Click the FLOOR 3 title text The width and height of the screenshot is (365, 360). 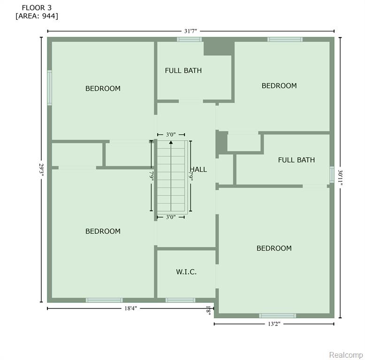click(x=37, y=7)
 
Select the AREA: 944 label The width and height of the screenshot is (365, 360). click(x=37, y=16)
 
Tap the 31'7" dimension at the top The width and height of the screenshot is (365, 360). click(x=190, y=31)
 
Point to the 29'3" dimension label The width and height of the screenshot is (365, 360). click(x=41, y=170)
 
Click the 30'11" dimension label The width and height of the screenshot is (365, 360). click(x=340, y=178)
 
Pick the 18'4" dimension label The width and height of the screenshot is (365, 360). click(x=130, y=308)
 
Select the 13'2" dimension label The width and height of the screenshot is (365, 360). click(x=274, y=324)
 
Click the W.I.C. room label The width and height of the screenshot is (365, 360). click(x=186, y=271)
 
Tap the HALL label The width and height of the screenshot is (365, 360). click(x=198, y=170)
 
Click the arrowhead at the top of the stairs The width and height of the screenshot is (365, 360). click(x=171, y=142)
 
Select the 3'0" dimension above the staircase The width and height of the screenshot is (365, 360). click(x=171, y=135)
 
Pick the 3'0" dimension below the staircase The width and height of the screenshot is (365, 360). click(x=171, y=217)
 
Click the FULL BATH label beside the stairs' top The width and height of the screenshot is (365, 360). click(x=183, y=70)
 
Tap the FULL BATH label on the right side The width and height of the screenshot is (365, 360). click(x=297, y=160)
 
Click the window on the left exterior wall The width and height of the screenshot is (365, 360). click(x=50, y=88)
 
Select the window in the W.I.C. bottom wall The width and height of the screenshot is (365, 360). click(x=181, y=300)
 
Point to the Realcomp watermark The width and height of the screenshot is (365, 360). click(x=346, y=355)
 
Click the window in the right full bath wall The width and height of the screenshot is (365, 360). click(x=332, y=174)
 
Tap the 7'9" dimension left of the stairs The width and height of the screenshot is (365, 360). click(x=152, y=176)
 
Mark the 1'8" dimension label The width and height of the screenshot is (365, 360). click(x=208, y=310)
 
